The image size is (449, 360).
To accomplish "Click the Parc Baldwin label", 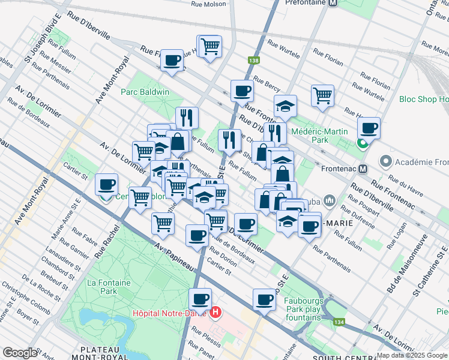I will pyautogui.click(x=145, y=92).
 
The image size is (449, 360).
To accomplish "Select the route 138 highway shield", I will pyautogui.click(x=254, y=60).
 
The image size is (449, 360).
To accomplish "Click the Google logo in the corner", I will pyautogui.click(x=20, y=353).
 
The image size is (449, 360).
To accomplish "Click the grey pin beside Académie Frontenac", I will pyautogui.click(x=386, y=161).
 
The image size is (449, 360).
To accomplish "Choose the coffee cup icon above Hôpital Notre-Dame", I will pyautogui.click(x=200, y=298).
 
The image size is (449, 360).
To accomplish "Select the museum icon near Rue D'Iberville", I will pyautogui.click(x=329, y=200).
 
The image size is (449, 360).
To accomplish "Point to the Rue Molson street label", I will pyautogui.click(x=208, y=4).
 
